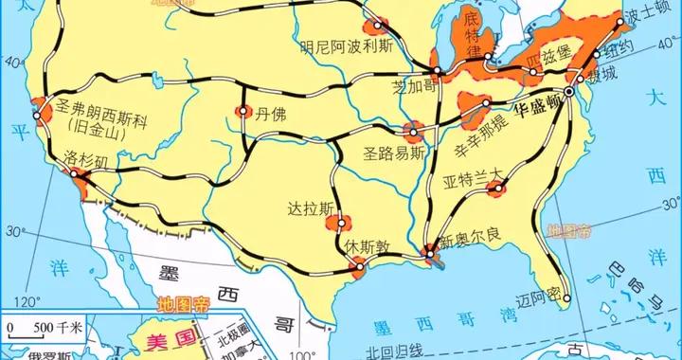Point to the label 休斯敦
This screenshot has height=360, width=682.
click(366, 244)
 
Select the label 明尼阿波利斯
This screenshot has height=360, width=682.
click(345, 44)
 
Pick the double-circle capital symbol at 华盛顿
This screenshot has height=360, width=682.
click(569, 92)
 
